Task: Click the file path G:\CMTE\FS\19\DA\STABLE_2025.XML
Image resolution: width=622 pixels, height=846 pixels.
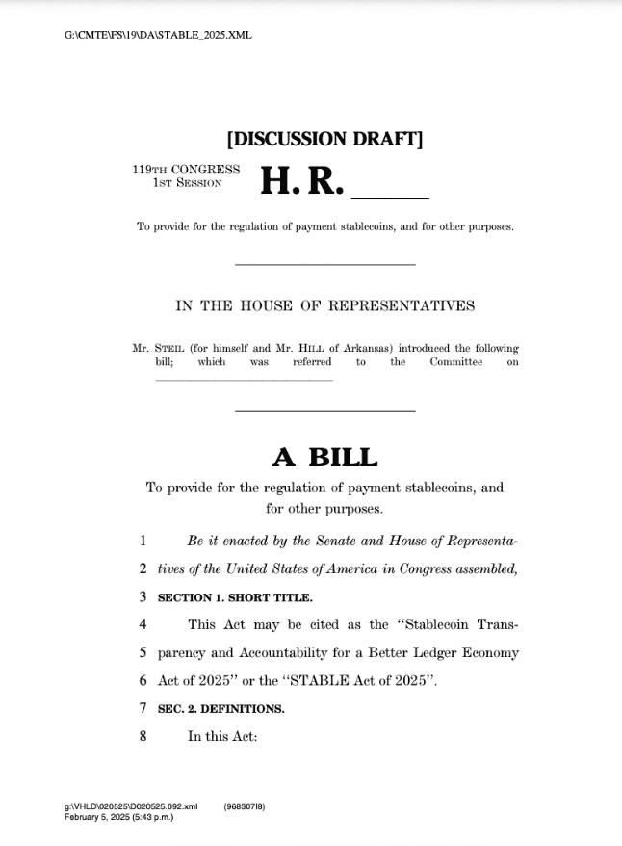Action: [x=158, y=36]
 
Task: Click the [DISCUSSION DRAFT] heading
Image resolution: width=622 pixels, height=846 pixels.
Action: [x=324, y=139]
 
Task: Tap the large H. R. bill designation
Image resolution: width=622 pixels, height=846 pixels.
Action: [x=301, y=180]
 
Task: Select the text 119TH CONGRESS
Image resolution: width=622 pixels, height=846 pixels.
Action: [x=186, y=170]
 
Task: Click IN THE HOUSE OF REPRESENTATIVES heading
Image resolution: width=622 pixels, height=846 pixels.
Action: [x=324, y=306]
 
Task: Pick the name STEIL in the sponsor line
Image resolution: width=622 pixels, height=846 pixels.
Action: [x=175, y=348]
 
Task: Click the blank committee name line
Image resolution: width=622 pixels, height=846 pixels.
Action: [x=244, y=379]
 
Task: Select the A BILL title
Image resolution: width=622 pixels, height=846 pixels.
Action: [x=324, y=457]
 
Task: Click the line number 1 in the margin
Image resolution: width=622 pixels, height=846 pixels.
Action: [x=143, y=542]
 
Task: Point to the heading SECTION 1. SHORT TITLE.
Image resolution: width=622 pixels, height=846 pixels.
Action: [x=235, y=597]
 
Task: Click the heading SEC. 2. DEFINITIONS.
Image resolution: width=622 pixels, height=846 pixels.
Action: [x=220, y=709]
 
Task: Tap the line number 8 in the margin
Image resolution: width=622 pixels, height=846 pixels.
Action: [x=143, y=737]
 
